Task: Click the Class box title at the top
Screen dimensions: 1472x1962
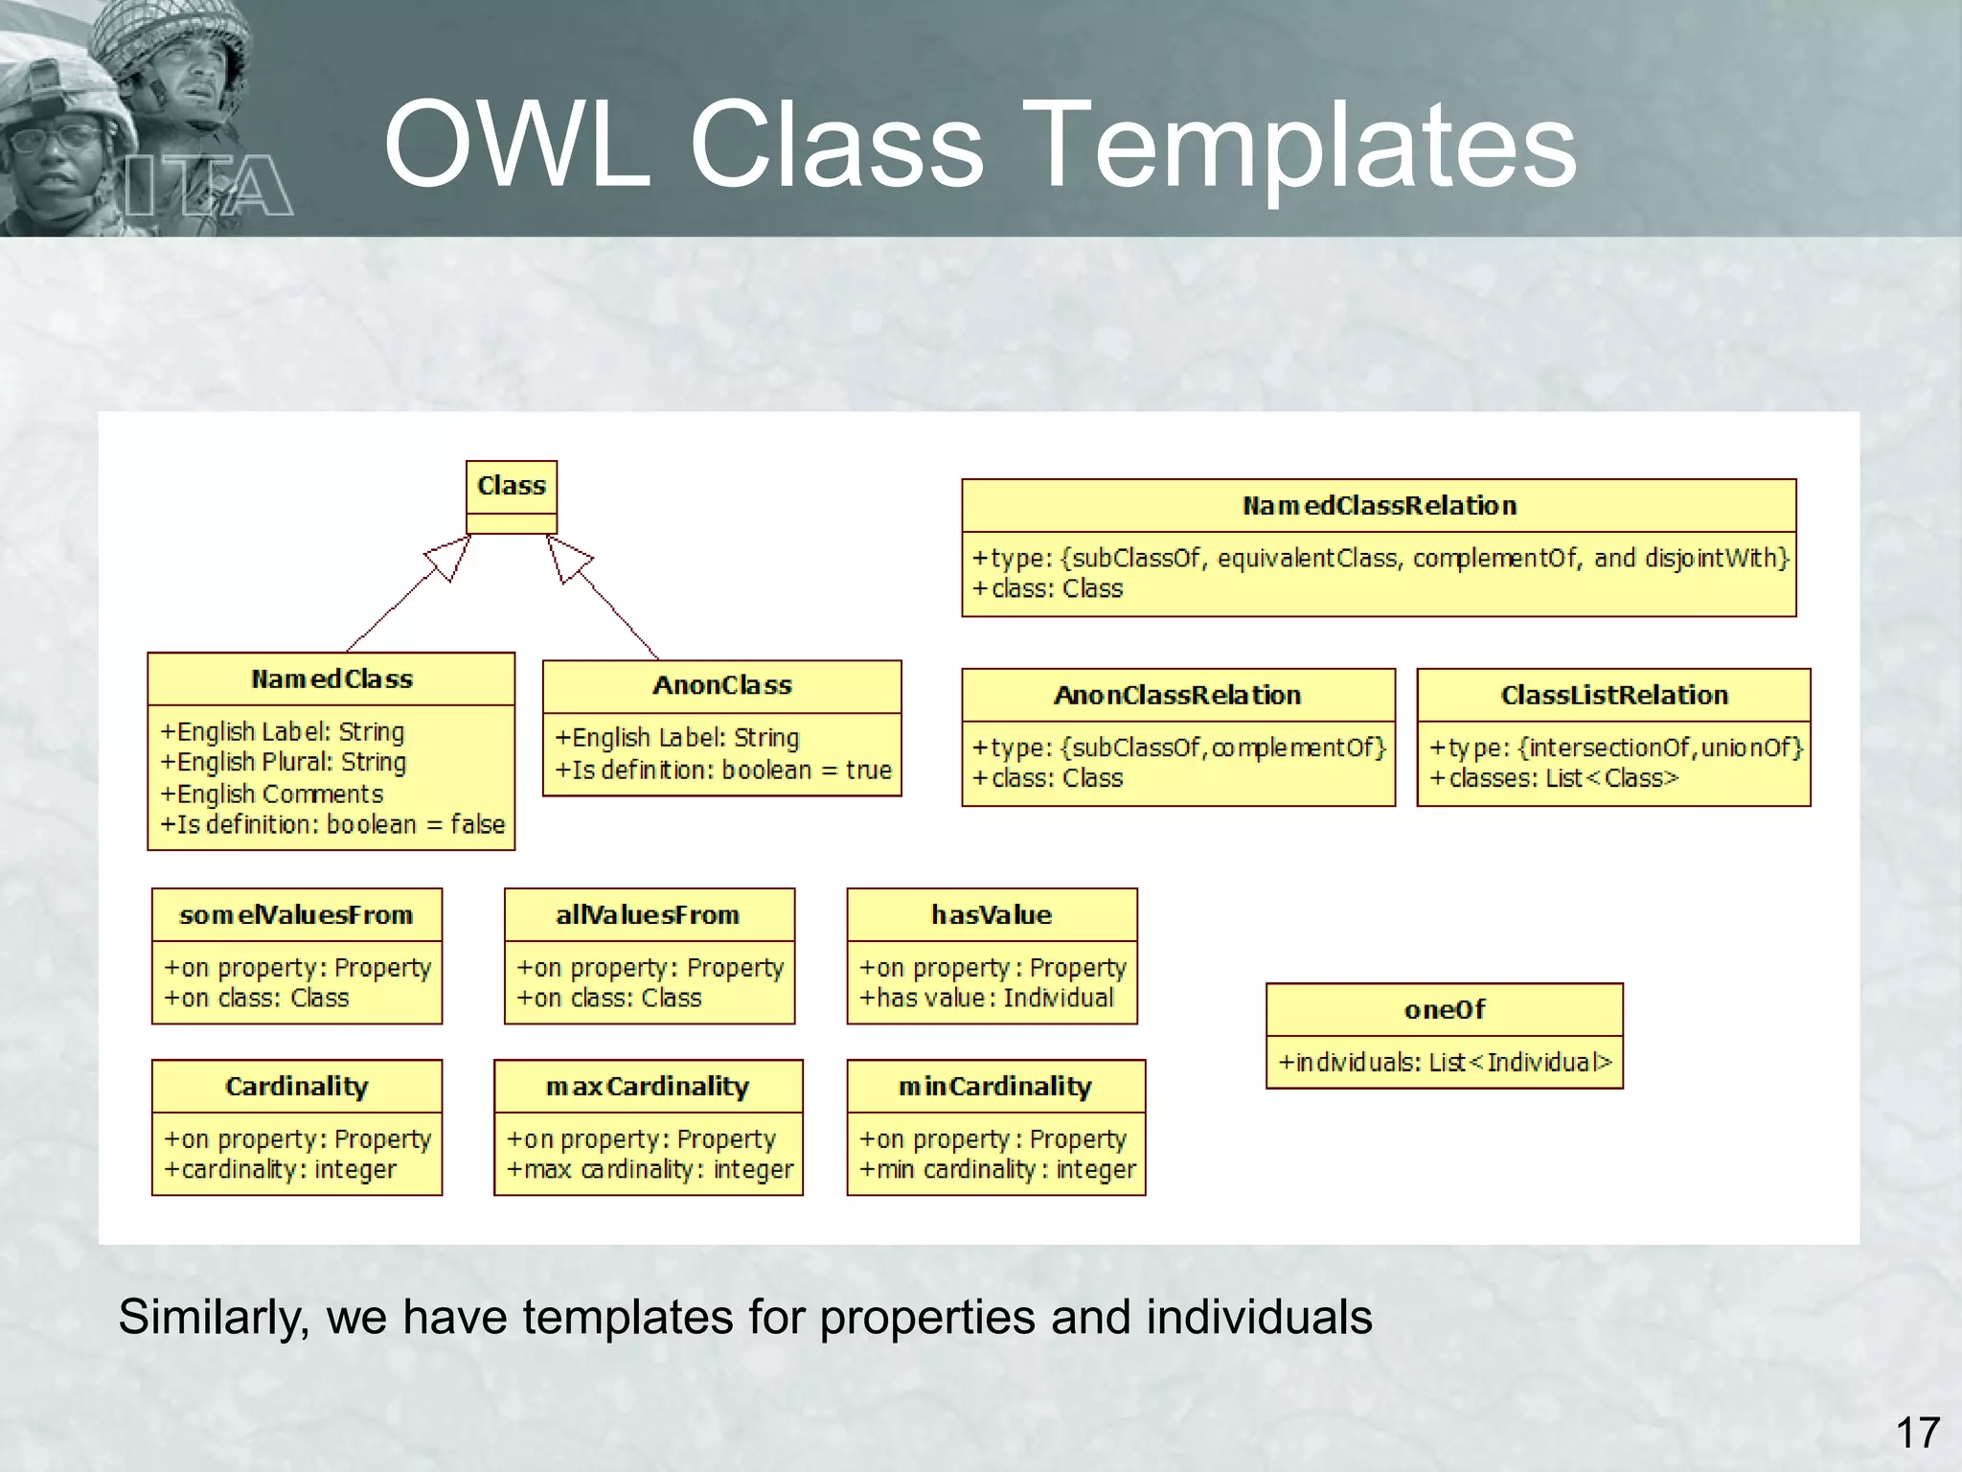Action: (x=511, y=486)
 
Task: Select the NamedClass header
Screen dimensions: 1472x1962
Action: (x=331, y=679)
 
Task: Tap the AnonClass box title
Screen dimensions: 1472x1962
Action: (x=722, y=685)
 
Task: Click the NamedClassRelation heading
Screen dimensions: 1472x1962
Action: (x=1379, y=506)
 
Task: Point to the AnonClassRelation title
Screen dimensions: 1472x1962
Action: (x=1177, y=695)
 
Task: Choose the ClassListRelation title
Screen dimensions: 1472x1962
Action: (x=1613, y=695)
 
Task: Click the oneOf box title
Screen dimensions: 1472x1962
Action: (x=1444, y=1009)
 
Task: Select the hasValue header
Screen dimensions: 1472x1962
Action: (x=992, y=915)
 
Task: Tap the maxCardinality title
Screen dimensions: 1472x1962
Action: (x=648, y=1087)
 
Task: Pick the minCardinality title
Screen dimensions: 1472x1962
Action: (x=994, y=1087)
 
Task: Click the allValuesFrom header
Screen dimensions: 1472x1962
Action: (x=648, y=915)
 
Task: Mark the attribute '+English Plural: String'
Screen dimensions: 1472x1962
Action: (x=284, y=763)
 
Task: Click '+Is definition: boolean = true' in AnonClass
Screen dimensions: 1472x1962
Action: (x=723, y=770)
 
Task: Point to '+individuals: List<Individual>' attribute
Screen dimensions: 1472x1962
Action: (x=1445, y=1063)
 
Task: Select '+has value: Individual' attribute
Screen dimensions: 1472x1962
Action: (x=986, y=999)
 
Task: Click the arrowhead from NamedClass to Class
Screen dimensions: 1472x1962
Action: (x=449, y=558)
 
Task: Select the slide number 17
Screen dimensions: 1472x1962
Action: (x=1917, y=1433)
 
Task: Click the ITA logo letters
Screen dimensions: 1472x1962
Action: (x=209, y=185)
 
